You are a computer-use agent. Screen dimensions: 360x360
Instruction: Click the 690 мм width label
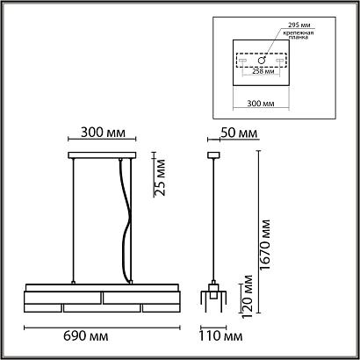[86, 336]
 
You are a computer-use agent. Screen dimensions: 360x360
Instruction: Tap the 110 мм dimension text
[220, 336]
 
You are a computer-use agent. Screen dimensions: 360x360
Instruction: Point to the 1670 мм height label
[265, 245]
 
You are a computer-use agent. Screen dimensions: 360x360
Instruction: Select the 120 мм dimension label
[247, 296]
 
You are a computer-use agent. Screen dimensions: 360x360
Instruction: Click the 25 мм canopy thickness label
[160, 177]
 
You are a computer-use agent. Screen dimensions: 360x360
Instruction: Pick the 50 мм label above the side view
[239, 133]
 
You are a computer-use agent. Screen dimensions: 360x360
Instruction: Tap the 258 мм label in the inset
[261, 71]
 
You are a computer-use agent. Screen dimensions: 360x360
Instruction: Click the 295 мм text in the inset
[299, 25]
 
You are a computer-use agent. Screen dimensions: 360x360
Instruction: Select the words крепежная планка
[298, 35]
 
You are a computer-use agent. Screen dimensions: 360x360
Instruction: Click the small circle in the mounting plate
[262, 61]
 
